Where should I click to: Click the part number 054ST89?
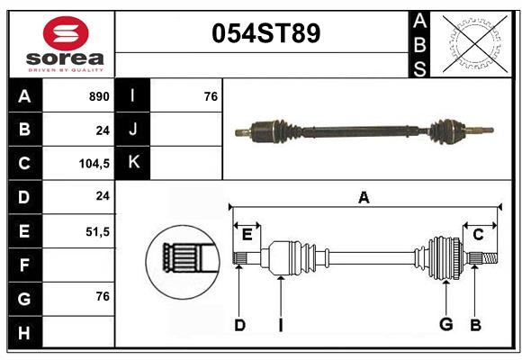coord(265,33)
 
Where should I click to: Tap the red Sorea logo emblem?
coord(66,33)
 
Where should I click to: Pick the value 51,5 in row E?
coord(97,231)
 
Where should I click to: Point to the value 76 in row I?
coord(211,95)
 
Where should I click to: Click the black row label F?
coord(24,265)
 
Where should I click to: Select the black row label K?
coord(133,163)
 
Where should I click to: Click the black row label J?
coord(133,129)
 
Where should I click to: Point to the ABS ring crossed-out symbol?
coord(474,42)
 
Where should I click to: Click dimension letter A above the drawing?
coord(364,198)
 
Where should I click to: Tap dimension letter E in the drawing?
coord(247,235)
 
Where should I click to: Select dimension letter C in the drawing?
coord(478,235)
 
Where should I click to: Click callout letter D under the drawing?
coord(239,325)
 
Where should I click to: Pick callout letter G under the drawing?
coord(445,325)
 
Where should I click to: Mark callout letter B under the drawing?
coord(476,325)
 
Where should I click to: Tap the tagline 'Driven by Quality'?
coord(66,68)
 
